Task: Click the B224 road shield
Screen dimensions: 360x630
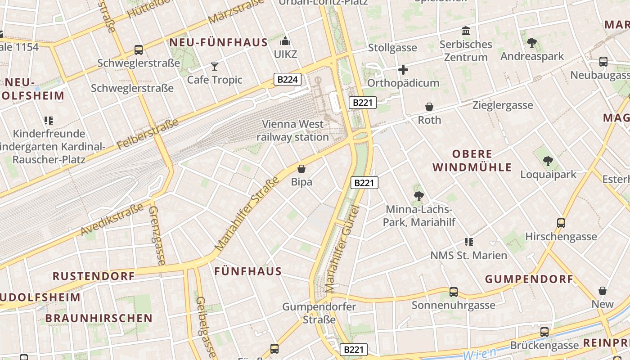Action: click(287, 80)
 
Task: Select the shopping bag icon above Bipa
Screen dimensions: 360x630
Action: click(301, 169)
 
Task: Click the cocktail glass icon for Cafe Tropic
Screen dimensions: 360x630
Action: click(215, 67)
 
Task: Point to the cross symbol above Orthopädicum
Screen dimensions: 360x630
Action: click(403, 70)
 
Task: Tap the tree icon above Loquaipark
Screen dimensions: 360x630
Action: click(548, 161)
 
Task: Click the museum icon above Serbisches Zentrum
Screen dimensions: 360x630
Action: click(466, 31)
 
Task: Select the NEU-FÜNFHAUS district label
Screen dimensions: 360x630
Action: click(218, 43)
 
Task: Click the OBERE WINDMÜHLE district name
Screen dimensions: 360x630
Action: click(472, 161)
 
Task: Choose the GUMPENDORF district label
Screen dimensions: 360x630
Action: click(529, 279)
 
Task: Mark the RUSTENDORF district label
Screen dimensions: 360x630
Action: click(94, 276)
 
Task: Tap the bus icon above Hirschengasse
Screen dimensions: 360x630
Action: click(561, 223)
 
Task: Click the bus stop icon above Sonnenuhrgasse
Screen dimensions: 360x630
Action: click(454, 292)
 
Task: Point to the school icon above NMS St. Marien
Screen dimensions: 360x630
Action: click(469, 242)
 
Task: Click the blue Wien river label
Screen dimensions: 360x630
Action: click(479, 354)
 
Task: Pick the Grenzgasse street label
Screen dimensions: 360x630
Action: click(157, 235)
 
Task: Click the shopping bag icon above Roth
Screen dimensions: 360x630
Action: click(429, 107)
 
